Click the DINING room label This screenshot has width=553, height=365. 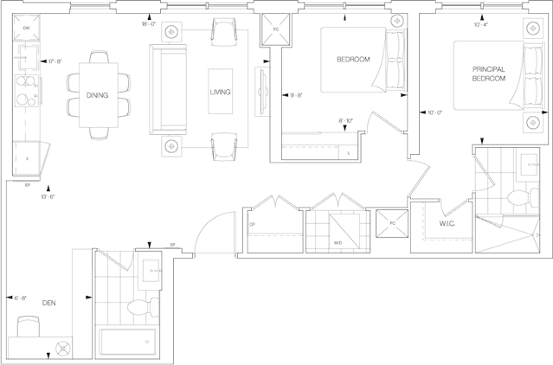(97, 95)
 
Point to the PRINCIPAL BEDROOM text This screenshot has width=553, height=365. (491, 74)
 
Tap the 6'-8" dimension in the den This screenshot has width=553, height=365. (22, 298)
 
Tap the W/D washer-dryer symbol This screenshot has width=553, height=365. (338, 228)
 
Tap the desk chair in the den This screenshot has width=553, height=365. (28, 327)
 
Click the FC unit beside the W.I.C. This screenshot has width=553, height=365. (391, 224)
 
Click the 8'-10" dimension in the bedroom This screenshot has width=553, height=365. (346, 121)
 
